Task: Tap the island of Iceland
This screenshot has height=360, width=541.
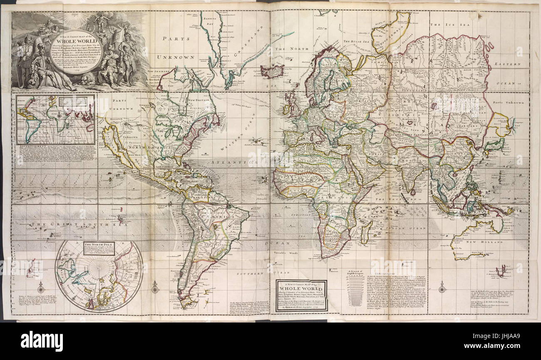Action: [271, 70]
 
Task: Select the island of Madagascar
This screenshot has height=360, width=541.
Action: [366, 231]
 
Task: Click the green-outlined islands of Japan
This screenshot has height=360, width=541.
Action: [494, 146]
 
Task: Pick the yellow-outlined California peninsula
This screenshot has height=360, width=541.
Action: [116, 144]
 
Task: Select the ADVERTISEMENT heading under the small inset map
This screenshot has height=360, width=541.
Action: [32, 147]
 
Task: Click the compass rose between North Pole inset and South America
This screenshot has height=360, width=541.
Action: [155, 287]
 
